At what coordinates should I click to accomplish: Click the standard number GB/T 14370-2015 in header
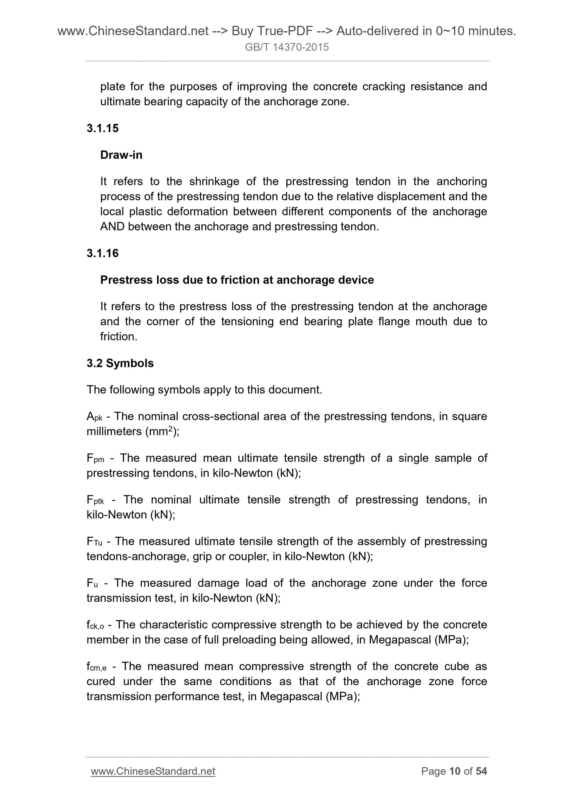tap(286, 47)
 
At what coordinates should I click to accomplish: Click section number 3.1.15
tap(103, 128)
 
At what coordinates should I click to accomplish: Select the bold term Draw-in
tap(121, 155)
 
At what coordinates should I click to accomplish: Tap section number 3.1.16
tap(103, 253)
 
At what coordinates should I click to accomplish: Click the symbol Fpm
tap(95, 459)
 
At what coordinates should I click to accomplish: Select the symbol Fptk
tap(95, 500)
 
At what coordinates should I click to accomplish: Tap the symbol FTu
tap(94, 542)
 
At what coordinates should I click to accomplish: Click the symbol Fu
tap(92, 583)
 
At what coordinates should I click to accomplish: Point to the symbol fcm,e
tap(96, 667)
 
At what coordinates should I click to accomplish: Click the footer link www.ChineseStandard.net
tap(153, 771)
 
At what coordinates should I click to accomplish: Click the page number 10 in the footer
tap(455, 771)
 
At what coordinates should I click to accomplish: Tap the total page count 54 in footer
tap(481, 771)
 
